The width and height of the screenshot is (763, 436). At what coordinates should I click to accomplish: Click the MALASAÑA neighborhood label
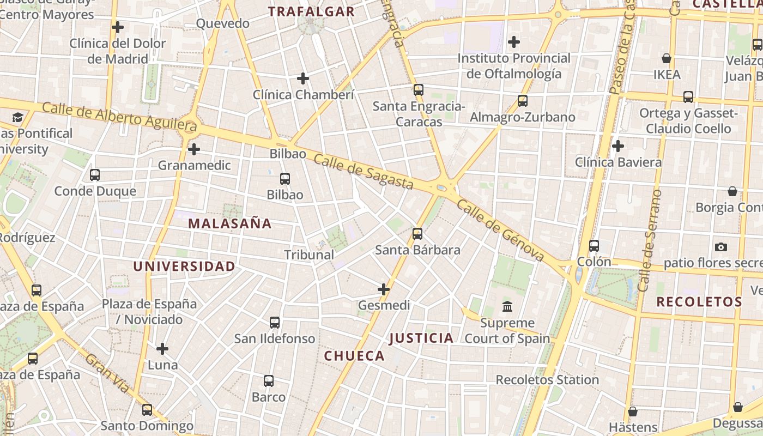tap(229, 223)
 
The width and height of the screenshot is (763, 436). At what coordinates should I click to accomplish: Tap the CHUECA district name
tap(354, 356)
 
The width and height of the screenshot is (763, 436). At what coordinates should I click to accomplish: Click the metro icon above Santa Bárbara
tap(417, 234)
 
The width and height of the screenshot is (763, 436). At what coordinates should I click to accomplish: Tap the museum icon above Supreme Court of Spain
tap(507, 307)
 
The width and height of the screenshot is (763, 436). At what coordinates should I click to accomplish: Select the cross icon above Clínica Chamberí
tap(303, 78)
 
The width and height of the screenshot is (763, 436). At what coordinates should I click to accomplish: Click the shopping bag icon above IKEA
tap(666, 58)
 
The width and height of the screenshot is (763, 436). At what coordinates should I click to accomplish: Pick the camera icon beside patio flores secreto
tap(721, 247)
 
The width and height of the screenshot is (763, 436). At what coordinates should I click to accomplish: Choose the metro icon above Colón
tap(594, 246)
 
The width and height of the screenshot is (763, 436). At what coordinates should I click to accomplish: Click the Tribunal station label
tap(309, 255)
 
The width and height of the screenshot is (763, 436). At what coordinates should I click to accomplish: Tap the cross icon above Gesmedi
tap(384, 289)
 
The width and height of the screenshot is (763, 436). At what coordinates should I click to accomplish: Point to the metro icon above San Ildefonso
tap(275, 323)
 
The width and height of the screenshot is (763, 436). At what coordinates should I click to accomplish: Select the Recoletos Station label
tap(547, 380)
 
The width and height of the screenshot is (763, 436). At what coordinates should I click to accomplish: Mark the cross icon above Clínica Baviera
tap(618, 146)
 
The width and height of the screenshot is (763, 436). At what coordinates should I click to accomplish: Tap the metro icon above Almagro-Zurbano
tap(523, 101)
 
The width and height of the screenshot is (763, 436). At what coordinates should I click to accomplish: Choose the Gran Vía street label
tap(108, 373)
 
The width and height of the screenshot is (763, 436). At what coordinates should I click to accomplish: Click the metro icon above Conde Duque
tap(95, 175)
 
